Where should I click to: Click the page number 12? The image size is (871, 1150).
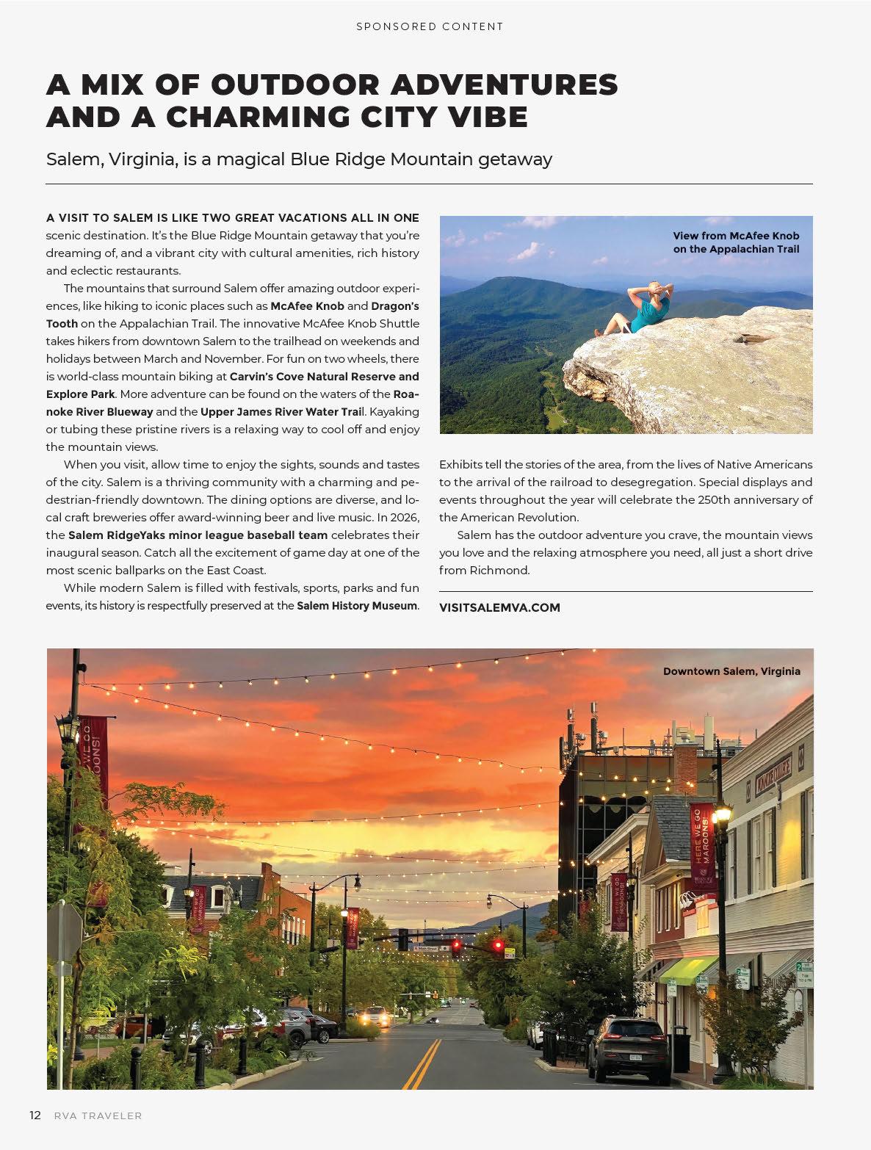(x=35, y=1115)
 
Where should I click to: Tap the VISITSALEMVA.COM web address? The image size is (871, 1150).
(x=499, y=607)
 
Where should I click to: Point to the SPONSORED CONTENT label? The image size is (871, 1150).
(x=430, y=26)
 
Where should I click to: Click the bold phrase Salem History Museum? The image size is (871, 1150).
(x=357, y=606)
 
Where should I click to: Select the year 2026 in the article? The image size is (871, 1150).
(x=403, y=518)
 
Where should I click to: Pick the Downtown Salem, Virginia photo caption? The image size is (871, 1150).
(x=731, y=671)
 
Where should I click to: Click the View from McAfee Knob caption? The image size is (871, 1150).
(x=736, y=242)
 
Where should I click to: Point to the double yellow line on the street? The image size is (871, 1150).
(x=422, y=1064)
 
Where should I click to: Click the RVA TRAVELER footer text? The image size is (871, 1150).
(x=98, y=1115)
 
